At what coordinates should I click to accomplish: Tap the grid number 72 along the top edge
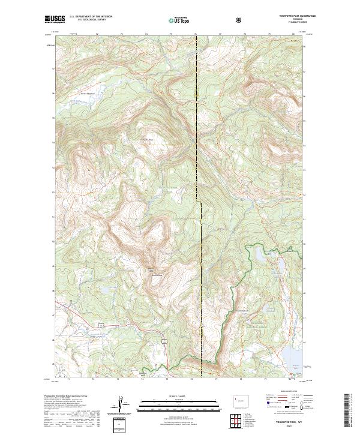click(x=97, y=34)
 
